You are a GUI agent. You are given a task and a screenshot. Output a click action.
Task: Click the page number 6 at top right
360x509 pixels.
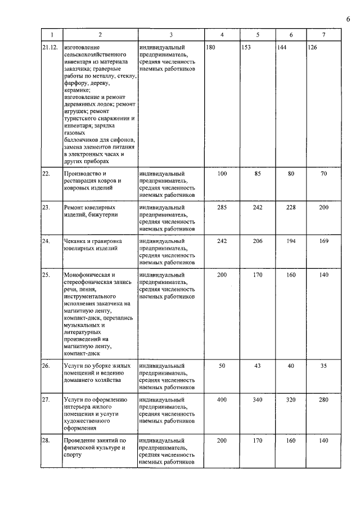(x=348, y=20)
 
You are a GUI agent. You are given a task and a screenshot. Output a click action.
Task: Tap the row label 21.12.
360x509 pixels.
(x=50, y=48)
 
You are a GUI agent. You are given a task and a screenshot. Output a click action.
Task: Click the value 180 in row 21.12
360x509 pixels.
(x=211, y=48)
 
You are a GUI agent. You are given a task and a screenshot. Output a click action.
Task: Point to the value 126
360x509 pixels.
(x=313, y=48)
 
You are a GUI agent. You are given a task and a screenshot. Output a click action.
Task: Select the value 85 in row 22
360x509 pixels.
(x=258, y=174)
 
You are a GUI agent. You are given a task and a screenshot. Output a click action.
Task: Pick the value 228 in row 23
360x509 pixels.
(x=291, y=208)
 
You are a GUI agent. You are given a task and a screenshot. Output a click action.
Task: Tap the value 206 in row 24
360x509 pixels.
(x=258, y=241)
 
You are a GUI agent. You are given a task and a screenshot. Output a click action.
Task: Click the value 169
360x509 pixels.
(x=323, y=241)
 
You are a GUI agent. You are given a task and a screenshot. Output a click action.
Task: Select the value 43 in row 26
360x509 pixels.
(x=258, y=366)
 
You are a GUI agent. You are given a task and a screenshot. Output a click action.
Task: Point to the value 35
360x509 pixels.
(x=323, y=366)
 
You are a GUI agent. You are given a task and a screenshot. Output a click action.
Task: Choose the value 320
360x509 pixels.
(x=291, y=400)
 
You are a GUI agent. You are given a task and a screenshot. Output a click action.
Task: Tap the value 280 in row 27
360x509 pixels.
(x=323, y=400)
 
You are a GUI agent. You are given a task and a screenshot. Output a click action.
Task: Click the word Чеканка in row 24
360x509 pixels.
(x=76, y=241)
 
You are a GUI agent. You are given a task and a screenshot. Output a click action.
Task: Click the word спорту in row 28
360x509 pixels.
(x=73, y=455)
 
